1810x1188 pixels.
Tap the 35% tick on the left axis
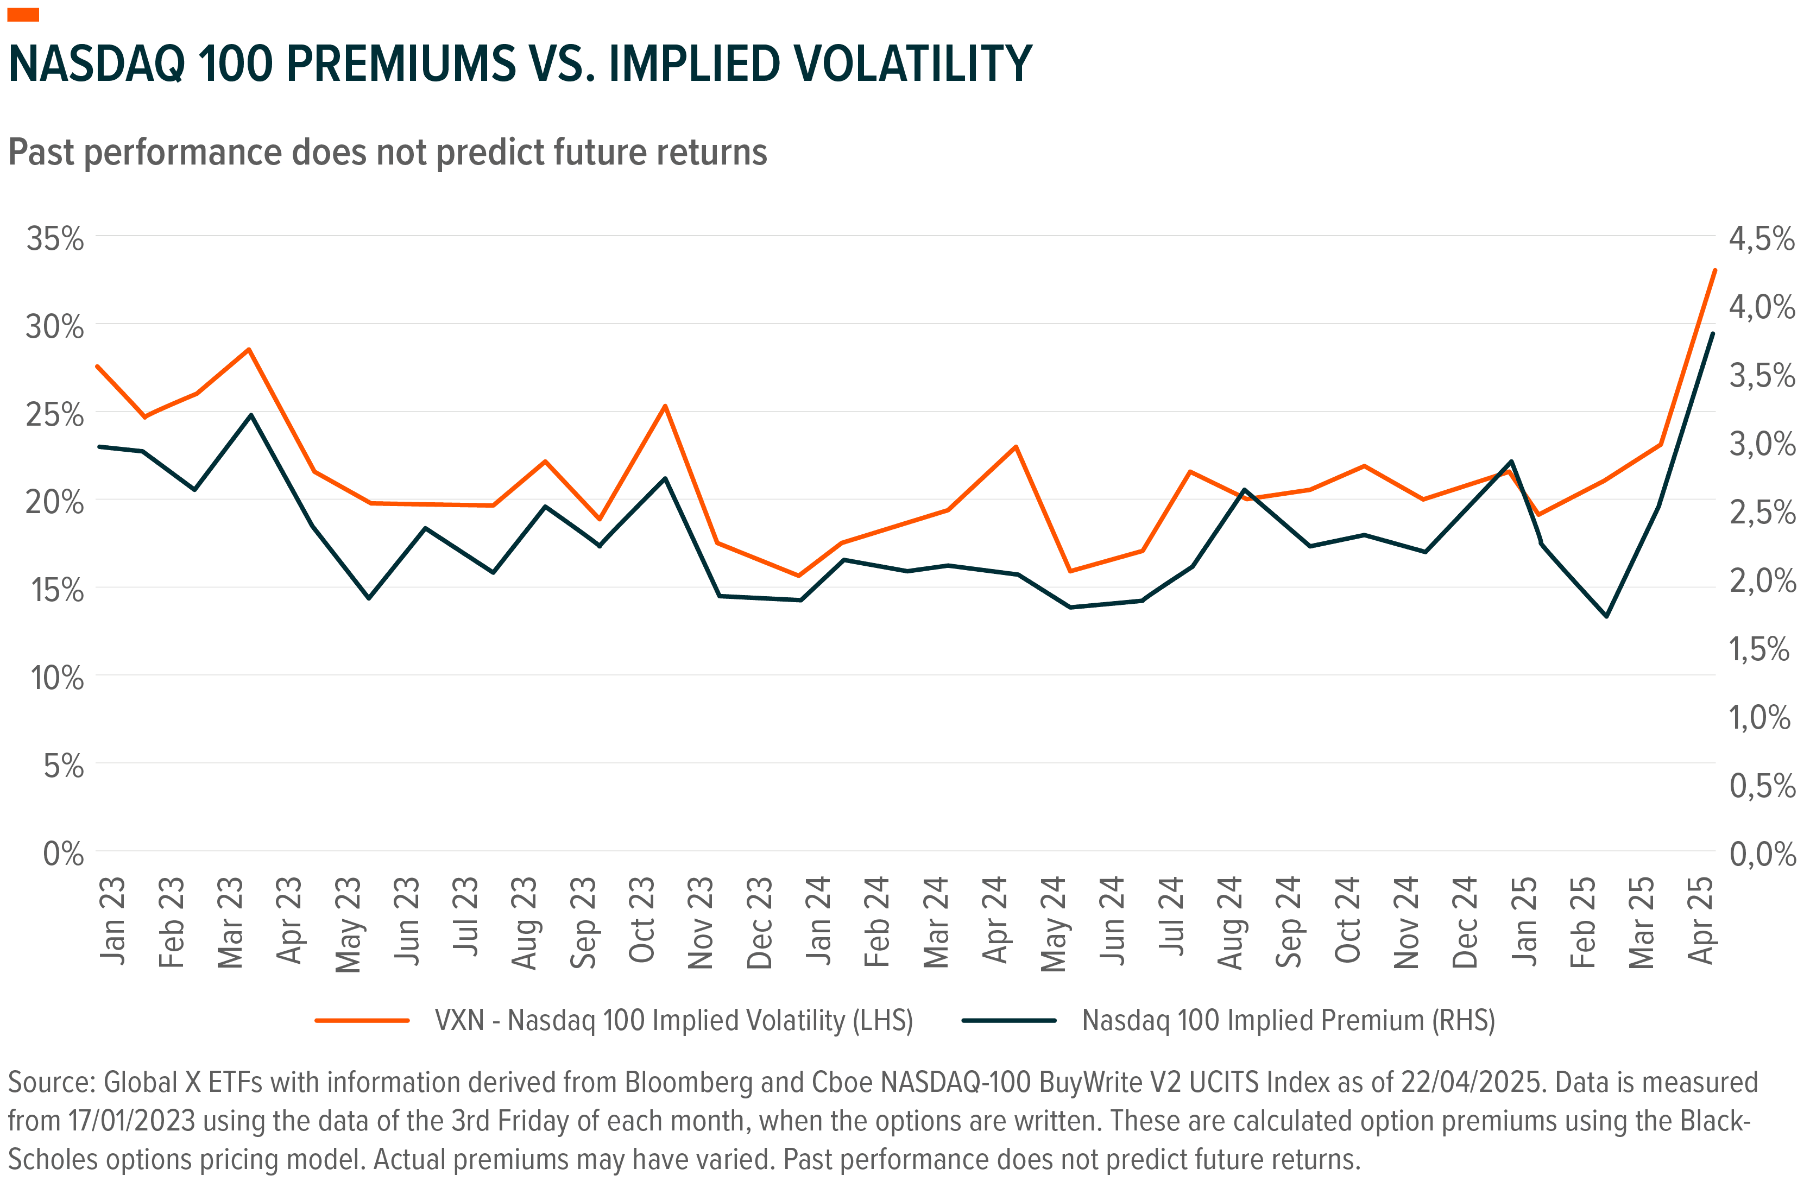click(55, 239)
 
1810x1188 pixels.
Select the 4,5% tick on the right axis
click(1761, 239)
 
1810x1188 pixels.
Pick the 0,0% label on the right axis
click(1761, 854)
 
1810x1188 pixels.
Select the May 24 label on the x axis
click(1054, 924)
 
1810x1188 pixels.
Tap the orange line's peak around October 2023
click(665, 406)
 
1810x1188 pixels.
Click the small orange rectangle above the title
click(23, 15)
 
